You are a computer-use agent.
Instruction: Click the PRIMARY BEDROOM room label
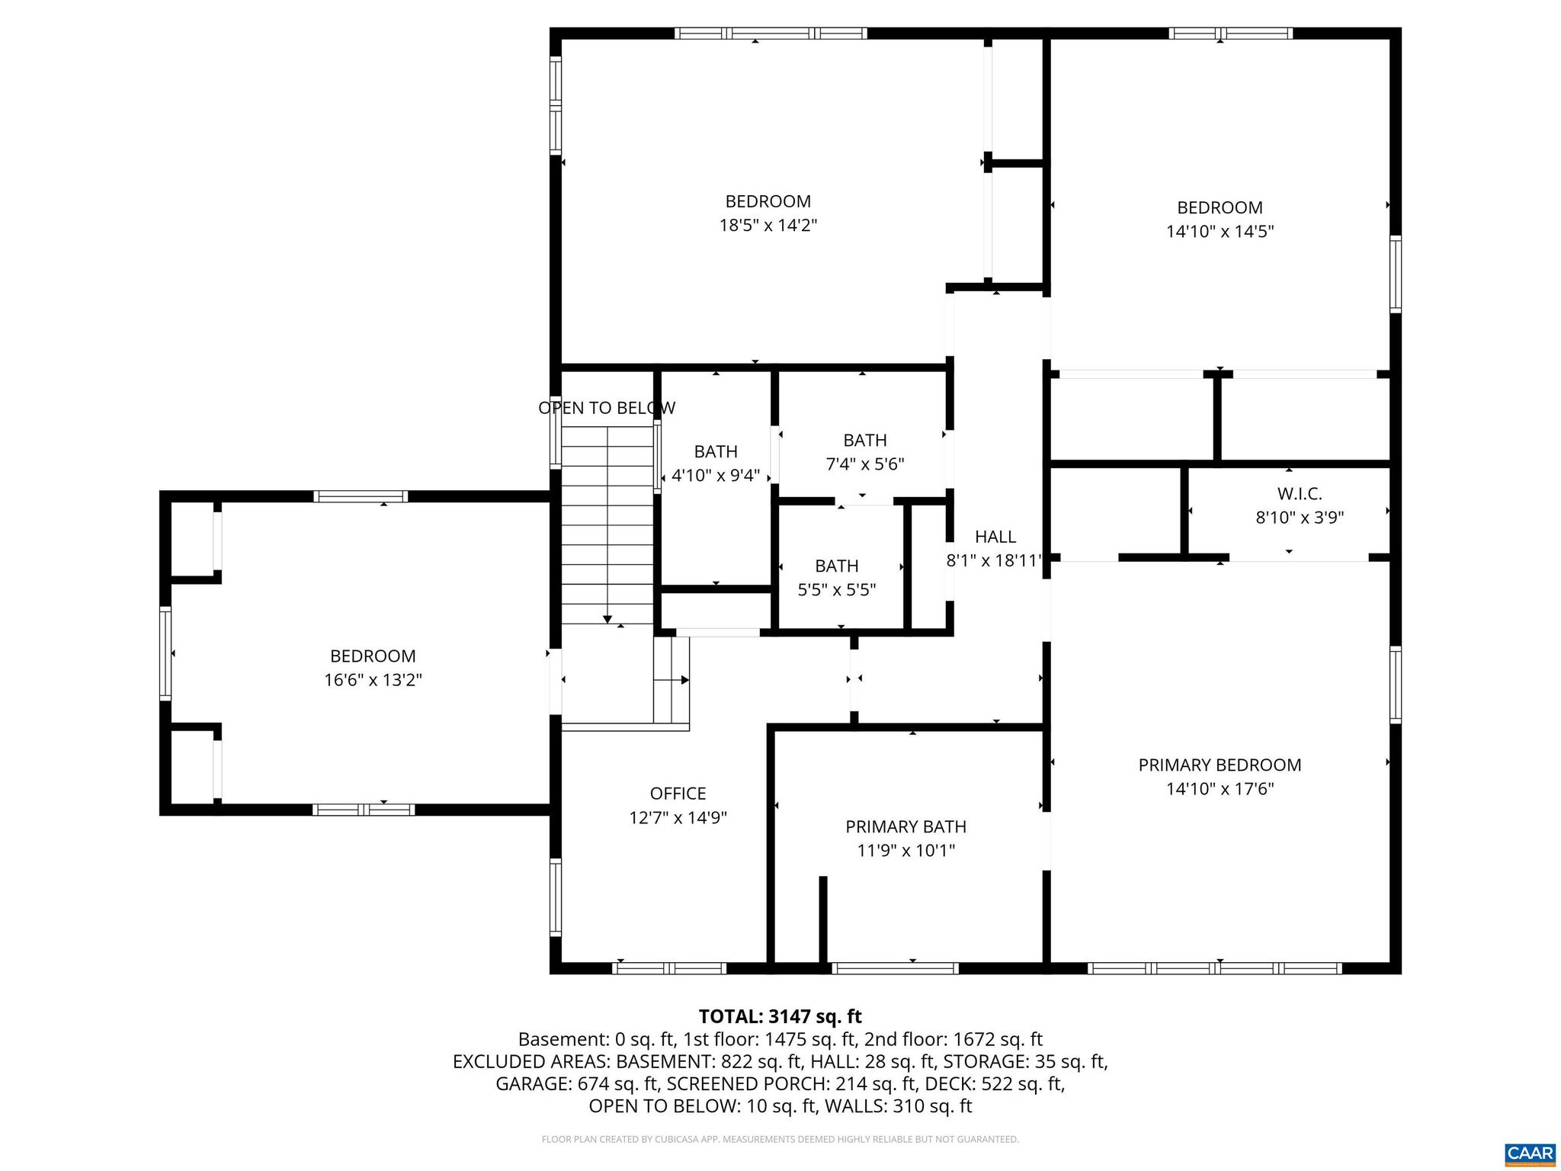1220,765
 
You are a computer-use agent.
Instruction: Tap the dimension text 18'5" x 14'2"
768,226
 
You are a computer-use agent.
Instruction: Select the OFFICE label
678,794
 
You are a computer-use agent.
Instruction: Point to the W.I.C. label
1300,494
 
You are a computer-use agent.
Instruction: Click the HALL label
995,537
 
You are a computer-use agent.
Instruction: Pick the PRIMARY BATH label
906,826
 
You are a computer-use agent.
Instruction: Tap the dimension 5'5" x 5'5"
836,589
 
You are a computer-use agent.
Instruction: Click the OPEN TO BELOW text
606,408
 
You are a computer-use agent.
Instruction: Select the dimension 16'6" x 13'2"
373,680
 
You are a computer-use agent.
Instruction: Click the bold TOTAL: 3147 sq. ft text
780,1016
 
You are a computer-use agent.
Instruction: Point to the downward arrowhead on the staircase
607,619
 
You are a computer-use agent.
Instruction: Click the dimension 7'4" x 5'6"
864,464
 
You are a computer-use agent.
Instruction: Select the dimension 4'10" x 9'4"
715,476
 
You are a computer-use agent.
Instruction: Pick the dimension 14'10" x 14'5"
1220,232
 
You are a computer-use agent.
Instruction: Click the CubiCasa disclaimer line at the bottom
780,1139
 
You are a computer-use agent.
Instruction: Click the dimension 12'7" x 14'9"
678,818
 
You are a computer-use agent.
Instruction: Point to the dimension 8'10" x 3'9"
1300,518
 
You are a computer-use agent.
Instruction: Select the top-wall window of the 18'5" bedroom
770,33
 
